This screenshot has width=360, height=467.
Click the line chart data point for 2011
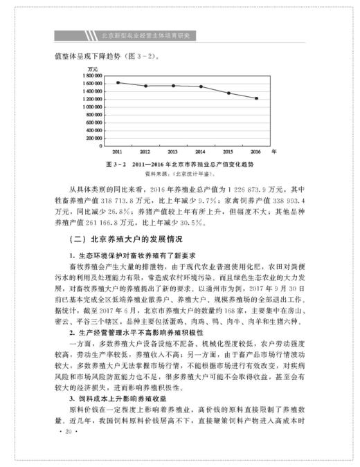point(118,82)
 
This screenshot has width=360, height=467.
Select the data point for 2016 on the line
point(256,98)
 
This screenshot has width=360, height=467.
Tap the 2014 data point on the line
point(201,86)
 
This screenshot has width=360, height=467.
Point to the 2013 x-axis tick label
point(173,151)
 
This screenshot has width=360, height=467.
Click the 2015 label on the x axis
point(228,151)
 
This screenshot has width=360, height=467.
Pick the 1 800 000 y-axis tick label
point(95,75)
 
